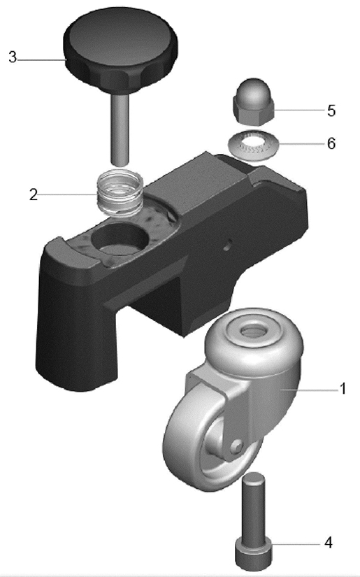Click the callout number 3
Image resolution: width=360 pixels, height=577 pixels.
(13, 57)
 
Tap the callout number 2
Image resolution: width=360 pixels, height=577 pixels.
(34, 194)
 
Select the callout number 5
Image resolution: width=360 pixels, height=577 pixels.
(331, 111)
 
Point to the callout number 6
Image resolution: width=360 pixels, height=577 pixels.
(331, 143)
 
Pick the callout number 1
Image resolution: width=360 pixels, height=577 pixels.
(343, 389)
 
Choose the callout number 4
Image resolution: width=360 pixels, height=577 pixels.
(329, 543)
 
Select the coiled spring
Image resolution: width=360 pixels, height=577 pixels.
(120, 192)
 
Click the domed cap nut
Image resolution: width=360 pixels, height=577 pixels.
(253, 101)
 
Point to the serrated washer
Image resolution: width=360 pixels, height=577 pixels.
(253, 144)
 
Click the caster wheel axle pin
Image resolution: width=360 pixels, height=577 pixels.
(236, 446)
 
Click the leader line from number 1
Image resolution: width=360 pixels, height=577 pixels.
(310, 390)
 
